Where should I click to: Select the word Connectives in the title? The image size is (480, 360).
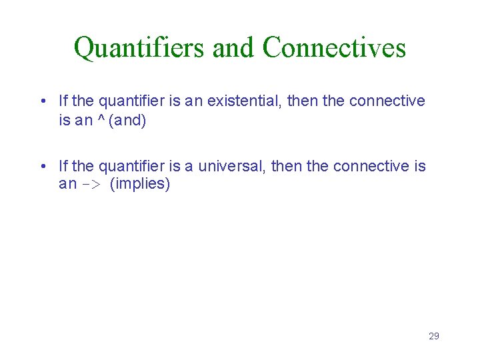tap(334, 48)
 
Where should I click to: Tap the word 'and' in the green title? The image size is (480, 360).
tap(233, 48)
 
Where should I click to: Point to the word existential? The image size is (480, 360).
tap(244, 101)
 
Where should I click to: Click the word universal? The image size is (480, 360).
tap(229, 166)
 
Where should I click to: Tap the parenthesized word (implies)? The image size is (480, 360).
tap(140, 185)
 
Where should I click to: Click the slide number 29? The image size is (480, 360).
tap(433, 336)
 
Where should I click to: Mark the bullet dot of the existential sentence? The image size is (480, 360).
tap(42, 102)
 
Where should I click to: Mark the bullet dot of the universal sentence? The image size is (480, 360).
tap(42, 167)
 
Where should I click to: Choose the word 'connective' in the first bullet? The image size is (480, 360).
tap(387, 101)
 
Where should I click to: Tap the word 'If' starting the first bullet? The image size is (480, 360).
tap(63, 101)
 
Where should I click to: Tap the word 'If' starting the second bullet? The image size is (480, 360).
tap(63, 166)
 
